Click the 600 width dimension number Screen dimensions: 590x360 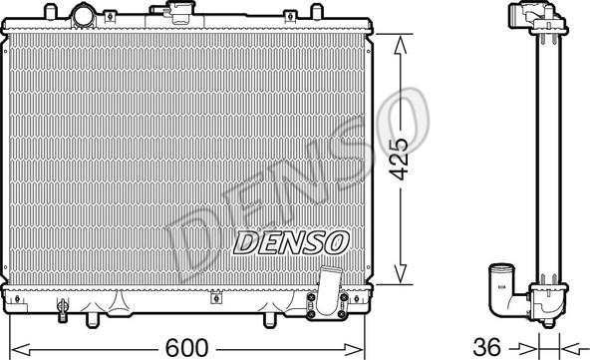click(x=186, y=347)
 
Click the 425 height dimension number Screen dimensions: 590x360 click(x=399, y=159)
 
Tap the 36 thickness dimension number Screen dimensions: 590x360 click(x=487, y=347)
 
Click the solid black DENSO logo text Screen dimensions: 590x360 click(x=291, y=242)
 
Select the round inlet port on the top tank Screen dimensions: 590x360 click(x=85, y=15)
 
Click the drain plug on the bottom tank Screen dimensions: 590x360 click(x=63, y=309)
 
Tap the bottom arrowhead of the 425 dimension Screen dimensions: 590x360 click(x=400, y=273)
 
